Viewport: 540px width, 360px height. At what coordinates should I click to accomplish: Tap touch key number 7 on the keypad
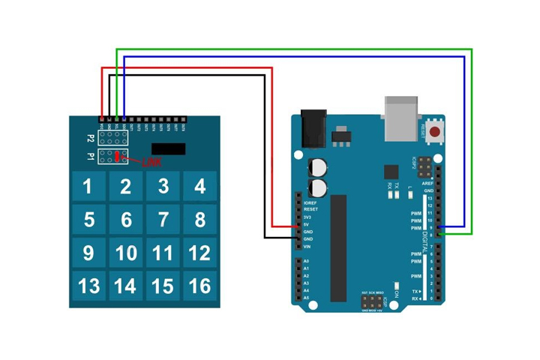(163, 220)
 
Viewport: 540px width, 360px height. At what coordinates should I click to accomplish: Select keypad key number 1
(88, 186)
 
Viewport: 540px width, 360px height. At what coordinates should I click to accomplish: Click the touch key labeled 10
(126, 253)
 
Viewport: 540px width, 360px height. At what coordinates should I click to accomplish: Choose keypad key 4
(199, 186)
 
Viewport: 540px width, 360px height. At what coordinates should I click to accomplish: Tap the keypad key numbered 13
(88, 286)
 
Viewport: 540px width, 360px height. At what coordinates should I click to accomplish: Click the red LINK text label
(151, 161)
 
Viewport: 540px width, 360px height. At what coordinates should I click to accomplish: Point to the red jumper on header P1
(118, 157)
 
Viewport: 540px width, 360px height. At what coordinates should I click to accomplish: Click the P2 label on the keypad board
(91, 139)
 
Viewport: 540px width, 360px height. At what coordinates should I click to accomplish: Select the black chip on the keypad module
(168, 148)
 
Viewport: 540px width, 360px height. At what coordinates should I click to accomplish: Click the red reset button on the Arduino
(433, 131)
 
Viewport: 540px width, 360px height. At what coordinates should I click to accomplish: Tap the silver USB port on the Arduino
(403, 118)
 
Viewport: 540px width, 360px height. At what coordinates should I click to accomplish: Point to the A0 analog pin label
(306, 260)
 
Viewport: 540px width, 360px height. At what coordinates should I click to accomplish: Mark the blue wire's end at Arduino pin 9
(439, 225)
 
